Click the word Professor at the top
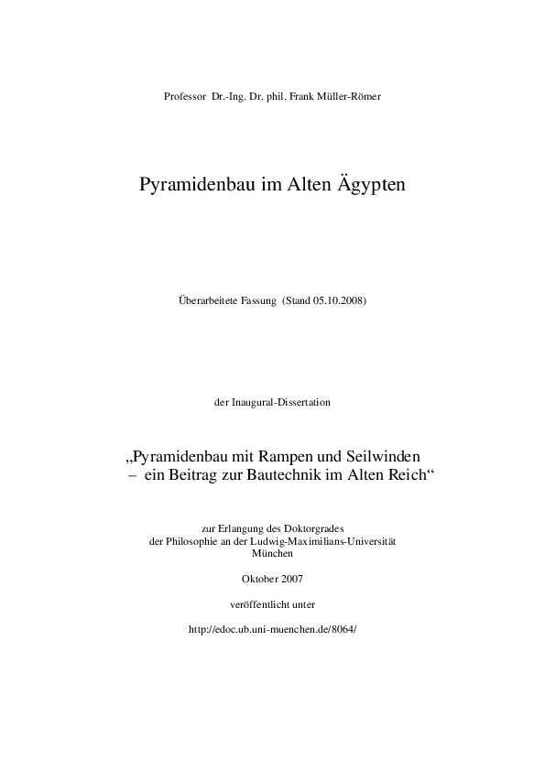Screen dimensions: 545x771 (x=185, y=96)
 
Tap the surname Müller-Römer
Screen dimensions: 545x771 (x=341, y=96)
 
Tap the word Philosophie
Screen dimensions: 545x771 (x=193, y=541)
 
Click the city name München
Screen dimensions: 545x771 (x=271, y=554)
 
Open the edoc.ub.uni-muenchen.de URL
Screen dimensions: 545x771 (x=272, y=631)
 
